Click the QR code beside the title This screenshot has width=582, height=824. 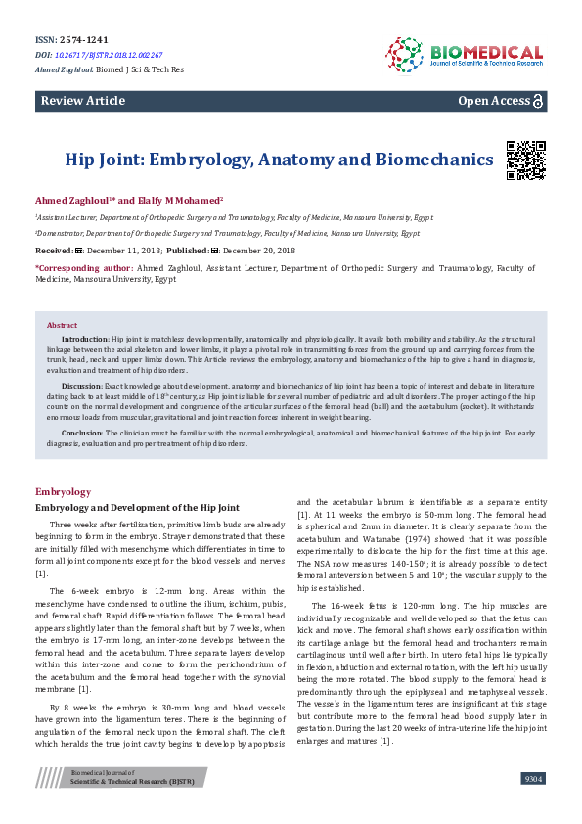pos(525,160)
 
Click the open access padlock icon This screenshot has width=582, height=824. pos(538,101)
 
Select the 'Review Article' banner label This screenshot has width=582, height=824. pos(83,101)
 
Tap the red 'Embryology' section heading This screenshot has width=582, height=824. pos(63,491)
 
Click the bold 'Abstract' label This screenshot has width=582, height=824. pos(63,325)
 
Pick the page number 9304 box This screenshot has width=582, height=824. pos(533,778)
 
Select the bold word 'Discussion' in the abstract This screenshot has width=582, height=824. pos(82,386)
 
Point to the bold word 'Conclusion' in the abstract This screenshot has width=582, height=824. pos(82,432)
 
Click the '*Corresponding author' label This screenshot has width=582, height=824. pos(84,267)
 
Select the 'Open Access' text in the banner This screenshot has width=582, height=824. pos(493,101)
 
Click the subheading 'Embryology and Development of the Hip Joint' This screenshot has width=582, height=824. pos(137,508)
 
